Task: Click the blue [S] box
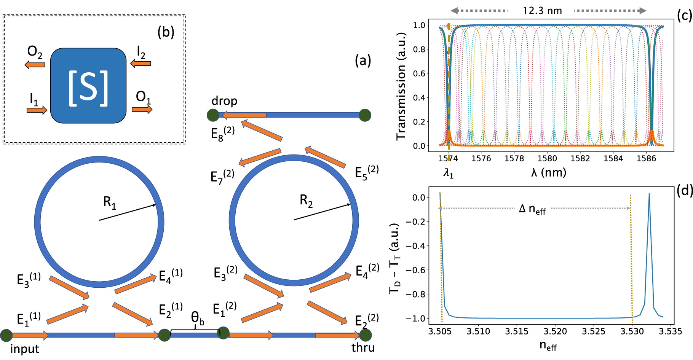coord(88,86)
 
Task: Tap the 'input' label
coord(24,349)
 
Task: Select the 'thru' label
coord(363,347)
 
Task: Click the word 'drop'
coord(224,101)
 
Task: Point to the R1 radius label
coord(109,202)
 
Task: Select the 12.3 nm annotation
coord(542,11)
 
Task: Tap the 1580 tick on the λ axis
coord(547,158)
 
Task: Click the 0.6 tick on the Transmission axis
coord(419,73)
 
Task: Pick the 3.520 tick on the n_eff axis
coord(555,331)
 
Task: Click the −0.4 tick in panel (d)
coord(415,246)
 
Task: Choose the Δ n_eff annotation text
coord(532,209)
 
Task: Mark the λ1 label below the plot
coord(448,174)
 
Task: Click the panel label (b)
coord(166,32)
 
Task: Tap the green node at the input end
coord(6,335)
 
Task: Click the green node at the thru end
coord(365,335)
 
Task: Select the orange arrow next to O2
coord(35,65)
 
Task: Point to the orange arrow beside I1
coord(37,110)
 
